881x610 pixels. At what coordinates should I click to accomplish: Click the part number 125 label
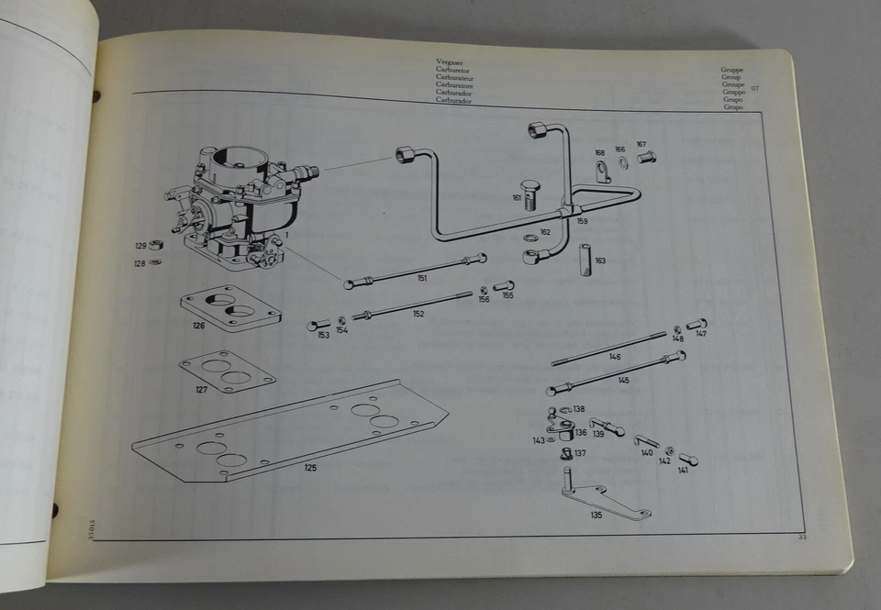click(x=310, y=468)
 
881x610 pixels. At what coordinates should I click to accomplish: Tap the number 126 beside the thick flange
click(x=199, y=325)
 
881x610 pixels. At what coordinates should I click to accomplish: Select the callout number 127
click(x=201, y=389)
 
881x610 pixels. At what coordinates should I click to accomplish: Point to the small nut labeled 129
click(x=157, y=245)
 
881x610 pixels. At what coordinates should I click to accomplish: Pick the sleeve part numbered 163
click(x=584, y=261)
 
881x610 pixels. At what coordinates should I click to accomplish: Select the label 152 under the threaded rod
click(x=418, y=314)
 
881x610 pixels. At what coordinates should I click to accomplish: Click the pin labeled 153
click(x=318, y=325)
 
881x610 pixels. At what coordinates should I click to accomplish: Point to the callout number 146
click(x=614, y=357)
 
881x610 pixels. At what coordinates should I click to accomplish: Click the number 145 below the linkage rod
click(x=623, y=380)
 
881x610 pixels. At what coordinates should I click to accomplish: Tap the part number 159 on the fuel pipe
click(x=582, y=221)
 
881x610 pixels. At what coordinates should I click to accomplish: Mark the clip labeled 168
click(x=602, y=172)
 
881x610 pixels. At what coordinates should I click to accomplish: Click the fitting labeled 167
click(x=646, y=157)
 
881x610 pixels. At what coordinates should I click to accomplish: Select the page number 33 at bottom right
click(x=801, y=537)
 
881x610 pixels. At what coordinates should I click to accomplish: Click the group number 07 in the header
click(x=755, y=88)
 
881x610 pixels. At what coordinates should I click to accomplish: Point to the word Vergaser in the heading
click(x=450, y=61)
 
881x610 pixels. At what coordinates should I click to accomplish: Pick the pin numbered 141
click(x=688, y=460)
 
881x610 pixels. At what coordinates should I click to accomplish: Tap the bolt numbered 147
click(x=697, y=324)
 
